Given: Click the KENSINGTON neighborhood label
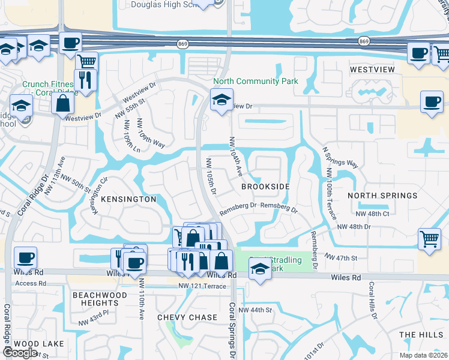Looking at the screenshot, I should [128, 199].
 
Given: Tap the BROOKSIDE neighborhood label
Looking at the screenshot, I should [265, 187].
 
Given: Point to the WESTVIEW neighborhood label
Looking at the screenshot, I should [372, 70].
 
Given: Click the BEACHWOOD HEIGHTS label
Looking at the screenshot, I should [100, 299].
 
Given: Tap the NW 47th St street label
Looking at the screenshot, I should [341, 257].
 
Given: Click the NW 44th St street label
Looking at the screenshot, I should [255, 310].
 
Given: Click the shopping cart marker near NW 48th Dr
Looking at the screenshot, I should [429, 239].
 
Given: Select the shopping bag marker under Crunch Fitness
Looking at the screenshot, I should [62, 103].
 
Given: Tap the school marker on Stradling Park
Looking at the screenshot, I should [259, 271].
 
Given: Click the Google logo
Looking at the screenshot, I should [20, 353].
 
